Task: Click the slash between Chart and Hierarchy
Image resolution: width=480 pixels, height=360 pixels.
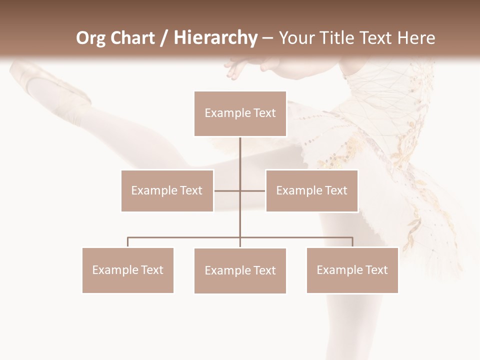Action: [x=164, y=38]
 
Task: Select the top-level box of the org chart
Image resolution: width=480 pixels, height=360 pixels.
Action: [x=240, y=113]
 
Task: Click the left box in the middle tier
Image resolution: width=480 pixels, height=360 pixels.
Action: [x=167, y=190]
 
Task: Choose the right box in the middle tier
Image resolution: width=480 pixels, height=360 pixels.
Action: [x=311, y=190]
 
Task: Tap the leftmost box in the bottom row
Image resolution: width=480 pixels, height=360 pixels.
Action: [x=127, y=270]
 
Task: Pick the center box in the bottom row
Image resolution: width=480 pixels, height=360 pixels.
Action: [x=240, y=270]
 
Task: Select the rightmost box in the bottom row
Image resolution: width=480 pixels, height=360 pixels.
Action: [x=352, y=270]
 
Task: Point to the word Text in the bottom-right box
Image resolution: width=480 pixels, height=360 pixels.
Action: [x=376, y=270]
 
